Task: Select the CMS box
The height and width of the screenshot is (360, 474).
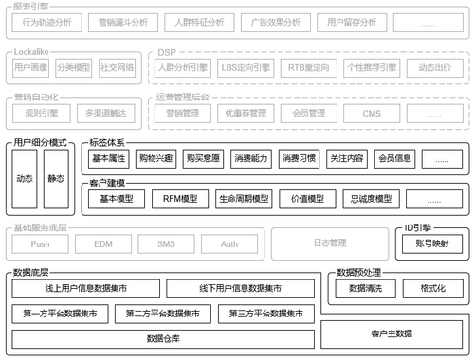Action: click(373, 114)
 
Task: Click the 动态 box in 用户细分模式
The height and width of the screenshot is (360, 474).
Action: click(26, 177)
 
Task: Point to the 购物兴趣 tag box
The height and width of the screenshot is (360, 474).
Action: click(156, 158)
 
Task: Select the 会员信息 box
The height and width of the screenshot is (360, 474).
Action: click(394, 158)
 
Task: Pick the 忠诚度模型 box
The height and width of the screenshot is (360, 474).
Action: click(371, 200)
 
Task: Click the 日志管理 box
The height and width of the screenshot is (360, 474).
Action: click(329, 243)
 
